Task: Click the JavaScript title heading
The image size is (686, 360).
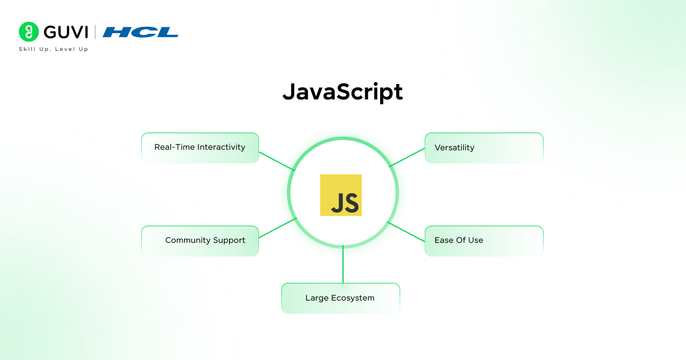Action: pos(342,92)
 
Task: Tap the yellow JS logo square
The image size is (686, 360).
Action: pos(341,195)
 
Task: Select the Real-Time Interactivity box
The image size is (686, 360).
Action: pos(200,147)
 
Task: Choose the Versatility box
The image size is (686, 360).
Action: pos(484,147)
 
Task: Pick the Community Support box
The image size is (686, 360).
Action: pos(200,241)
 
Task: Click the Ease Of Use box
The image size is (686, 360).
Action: pos(484,241)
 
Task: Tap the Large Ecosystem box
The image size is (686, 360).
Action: pos(340,298)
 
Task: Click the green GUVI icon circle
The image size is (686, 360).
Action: pos(27,31)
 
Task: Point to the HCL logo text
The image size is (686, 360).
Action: pos(141,32)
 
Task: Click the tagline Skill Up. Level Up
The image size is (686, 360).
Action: pos(54,49)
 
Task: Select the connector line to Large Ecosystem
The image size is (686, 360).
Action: pos(343,265)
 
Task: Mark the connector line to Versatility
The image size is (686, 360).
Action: pos(407,157)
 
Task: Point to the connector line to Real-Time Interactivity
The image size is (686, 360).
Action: pos(277,161)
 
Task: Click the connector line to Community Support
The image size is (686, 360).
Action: pos(278,228)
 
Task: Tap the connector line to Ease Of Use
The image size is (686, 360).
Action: pos(406,231)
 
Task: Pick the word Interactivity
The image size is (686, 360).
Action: pos(221,147)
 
